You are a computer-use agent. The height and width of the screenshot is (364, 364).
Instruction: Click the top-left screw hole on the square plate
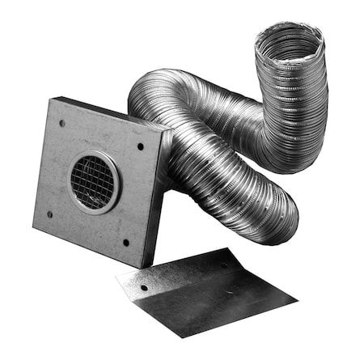click(x=61, y=124)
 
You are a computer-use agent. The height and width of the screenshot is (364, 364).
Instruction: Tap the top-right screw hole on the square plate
click(x=140, y=147)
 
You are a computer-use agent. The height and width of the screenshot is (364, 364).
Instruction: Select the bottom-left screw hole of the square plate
click(x=48, y=214)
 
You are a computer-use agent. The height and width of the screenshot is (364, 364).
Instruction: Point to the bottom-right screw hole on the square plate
click(x=126, y=242)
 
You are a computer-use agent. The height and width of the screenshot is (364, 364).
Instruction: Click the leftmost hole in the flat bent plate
click(x=144, y=287)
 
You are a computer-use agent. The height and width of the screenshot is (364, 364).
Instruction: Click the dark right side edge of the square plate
click(x=158, y=202)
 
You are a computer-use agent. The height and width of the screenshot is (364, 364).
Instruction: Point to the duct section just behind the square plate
click(x=202, y=162)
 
